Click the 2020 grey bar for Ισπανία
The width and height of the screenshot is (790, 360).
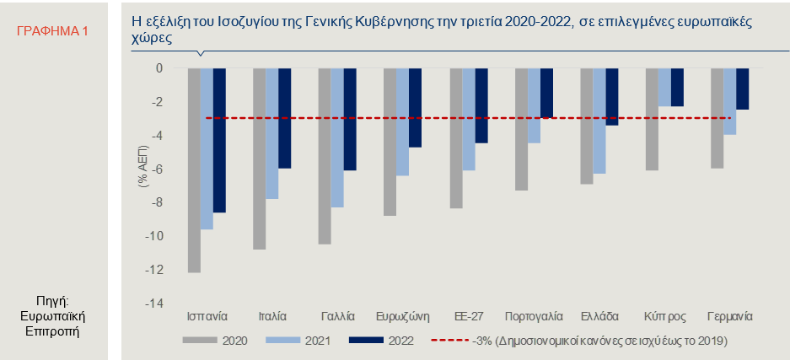coord(194,170)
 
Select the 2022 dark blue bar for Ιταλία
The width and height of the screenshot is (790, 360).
coord(285,118)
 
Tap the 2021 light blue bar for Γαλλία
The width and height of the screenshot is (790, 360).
coord(337,137)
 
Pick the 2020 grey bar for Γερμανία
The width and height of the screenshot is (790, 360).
coord(717,118)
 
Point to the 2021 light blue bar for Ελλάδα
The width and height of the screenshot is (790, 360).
coord(599,121)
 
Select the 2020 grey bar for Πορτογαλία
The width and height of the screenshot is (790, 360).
coord(521,129)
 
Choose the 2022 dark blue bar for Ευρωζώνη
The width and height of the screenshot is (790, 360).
coord(415,108)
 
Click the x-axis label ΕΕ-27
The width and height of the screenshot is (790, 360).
coord(469,317)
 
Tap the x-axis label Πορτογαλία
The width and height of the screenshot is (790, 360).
coord(534,317)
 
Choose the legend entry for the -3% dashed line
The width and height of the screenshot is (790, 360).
coord(579,341)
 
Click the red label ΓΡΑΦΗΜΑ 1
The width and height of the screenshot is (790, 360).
coord(52,31)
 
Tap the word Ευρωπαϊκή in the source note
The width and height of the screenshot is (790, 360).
coord(53,317)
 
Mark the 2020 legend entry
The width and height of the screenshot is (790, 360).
coord(215,341)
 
